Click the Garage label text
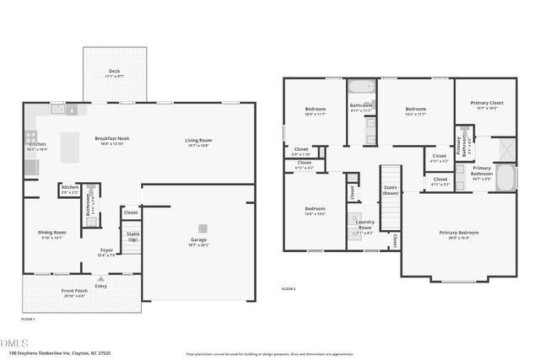tap(198, 242)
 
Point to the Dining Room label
tap(51, 234)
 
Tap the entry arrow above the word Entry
tap(101, 277)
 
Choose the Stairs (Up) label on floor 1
tap(132, 236)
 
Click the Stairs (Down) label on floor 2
tap(391, 191)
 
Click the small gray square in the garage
tap(202, 228)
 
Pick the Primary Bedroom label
tap(458, 234)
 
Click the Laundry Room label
tap(364, 224)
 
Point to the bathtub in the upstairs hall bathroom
tap(361, 87)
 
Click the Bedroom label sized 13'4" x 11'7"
tap(415, 111)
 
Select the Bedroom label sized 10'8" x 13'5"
tap(315, 211)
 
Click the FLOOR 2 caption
tap(289, 289)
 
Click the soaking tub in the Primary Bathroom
tap(505, 178)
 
